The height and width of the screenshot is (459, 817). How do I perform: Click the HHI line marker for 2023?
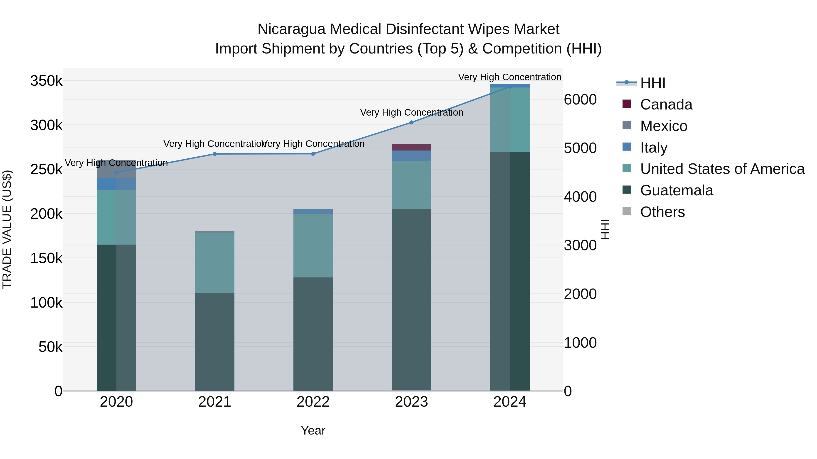point(411,122)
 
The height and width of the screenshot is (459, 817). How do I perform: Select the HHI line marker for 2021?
point(215,154)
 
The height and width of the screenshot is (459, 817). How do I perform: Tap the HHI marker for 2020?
point(116,173)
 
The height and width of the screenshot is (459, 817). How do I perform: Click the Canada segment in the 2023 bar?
point(411,147)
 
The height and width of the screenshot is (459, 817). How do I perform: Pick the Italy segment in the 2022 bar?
point(313,211)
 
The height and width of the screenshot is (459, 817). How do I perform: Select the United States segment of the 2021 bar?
point(215,263)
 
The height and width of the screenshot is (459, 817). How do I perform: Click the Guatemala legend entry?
point(676,190)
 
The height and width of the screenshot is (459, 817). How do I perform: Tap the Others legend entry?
point(662,212)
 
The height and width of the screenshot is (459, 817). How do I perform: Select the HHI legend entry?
point(652,83)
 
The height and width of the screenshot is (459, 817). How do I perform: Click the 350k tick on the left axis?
point(46,81)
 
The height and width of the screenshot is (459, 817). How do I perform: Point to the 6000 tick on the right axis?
point(580,100)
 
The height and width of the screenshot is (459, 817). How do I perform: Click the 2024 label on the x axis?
point(510,402)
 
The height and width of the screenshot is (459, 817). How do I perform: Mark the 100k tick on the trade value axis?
point(46,303)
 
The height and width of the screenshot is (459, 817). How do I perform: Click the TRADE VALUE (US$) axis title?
point(7,229)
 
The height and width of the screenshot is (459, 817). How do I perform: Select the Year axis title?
point(313,430)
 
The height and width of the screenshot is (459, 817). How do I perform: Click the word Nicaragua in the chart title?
point(291,29)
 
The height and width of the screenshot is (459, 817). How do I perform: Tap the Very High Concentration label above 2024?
point(510,77)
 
